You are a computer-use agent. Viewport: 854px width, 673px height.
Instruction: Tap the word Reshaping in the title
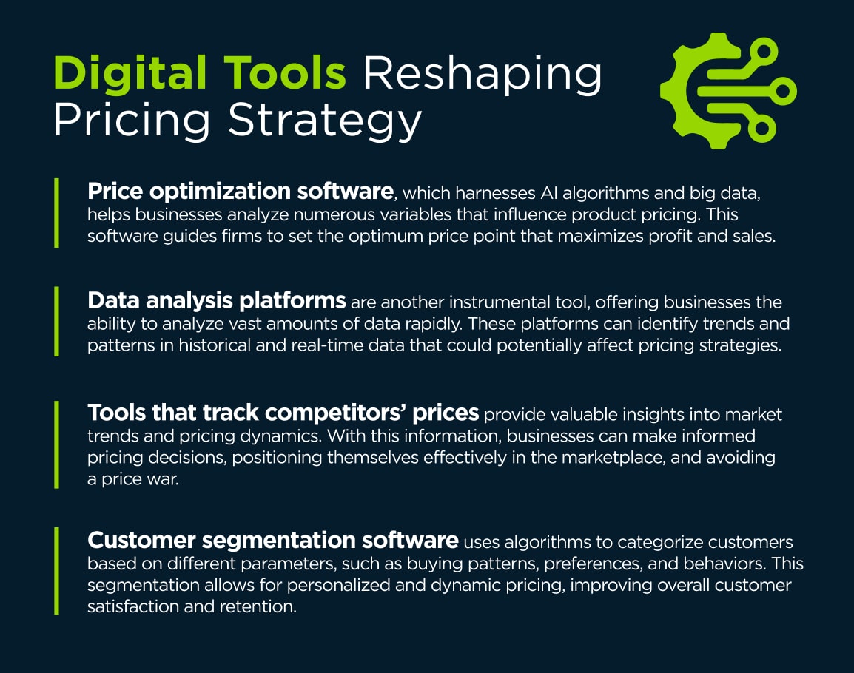click(483, 75)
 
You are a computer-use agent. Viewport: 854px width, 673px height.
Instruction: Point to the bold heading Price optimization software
click(241, 192)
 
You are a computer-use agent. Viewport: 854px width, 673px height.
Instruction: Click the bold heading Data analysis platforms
click(217, 301)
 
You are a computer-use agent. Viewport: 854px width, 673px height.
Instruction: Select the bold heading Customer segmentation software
click(273, 540)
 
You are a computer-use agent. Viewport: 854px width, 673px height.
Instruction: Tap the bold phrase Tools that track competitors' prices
click(284, 412)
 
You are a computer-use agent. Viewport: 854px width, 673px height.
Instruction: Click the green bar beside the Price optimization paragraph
click(56, 213)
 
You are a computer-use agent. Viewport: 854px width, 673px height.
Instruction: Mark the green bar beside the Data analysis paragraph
click(56, 322)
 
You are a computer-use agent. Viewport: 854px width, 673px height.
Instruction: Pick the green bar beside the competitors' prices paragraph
click(56, 444)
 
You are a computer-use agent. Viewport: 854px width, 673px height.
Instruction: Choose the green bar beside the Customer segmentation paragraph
click(56, 571)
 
